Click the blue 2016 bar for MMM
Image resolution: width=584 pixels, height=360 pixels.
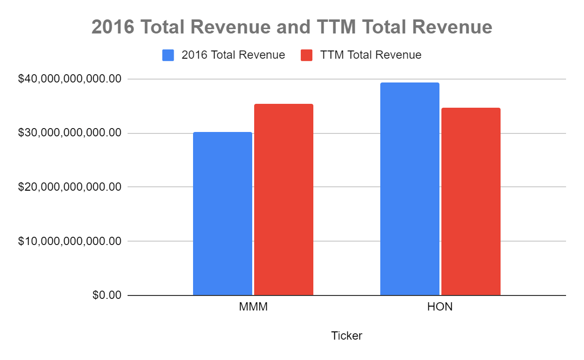click(223, 213)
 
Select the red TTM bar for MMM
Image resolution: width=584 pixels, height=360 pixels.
click(284, 199)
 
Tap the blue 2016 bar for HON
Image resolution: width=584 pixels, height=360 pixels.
click(410, 189)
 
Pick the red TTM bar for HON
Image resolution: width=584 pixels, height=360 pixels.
click(471, 201)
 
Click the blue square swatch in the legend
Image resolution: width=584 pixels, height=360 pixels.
click(168, 55)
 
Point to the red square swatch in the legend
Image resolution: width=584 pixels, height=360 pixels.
click(307, 55)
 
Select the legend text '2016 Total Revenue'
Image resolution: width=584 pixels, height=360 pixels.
click(233, 55)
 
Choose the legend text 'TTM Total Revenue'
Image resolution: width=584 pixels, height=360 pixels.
click(371, 55)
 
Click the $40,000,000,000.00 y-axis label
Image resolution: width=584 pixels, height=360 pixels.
click(69, 79)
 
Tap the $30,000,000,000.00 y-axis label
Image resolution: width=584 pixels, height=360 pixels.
click(69, 133)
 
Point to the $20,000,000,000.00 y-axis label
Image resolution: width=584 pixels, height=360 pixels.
click(69, 187)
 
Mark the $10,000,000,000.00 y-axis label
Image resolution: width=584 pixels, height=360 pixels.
click(69, 241)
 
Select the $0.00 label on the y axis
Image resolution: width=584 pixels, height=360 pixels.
click(107, 295)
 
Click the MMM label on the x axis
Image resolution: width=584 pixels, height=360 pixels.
click(253, 308)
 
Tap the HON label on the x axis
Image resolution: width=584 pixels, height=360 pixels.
click(440, 308)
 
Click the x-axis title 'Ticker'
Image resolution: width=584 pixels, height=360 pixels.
click(346, 336)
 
